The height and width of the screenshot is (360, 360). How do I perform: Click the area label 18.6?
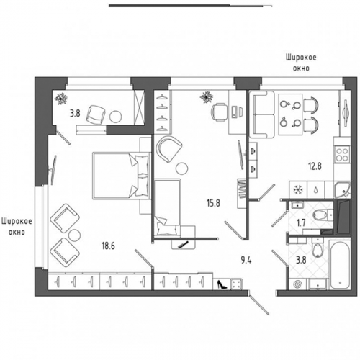108,246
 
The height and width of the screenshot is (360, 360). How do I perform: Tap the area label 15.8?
213,203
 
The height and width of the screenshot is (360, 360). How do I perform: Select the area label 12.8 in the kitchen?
315,166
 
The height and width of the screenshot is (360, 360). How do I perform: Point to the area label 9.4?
246,260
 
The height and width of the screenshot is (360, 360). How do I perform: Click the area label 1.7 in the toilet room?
301,223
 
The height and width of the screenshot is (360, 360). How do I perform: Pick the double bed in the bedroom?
121,176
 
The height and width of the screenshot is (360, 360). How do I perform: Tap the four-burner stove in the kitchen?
343,155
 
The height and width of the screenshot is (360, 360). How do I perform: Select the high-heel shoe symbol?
222,284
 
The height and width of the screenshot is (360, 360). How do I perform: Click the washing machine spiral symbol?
297,284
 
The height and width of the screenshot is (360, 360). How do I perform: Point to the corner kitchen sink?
343,191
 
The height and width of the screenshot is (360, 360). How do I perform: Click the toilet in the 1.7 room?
323,215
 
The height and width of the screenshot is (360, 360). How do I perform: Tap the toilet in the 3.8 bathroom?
317,248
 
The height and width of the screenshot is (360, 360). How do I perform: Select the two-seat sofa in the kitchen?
262,114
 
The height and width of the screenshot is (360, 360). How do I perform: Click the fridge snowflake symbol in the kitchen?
298,190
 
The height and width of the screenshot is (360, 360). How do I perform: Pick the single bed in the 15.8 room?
167,207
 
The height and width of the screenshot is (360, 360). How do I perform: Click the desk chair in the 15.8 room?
219,112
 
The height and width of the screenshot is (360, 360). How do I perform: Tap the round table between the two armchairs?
74,235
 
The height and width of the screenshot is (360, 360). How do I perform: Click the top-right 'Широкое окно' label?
301,63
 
